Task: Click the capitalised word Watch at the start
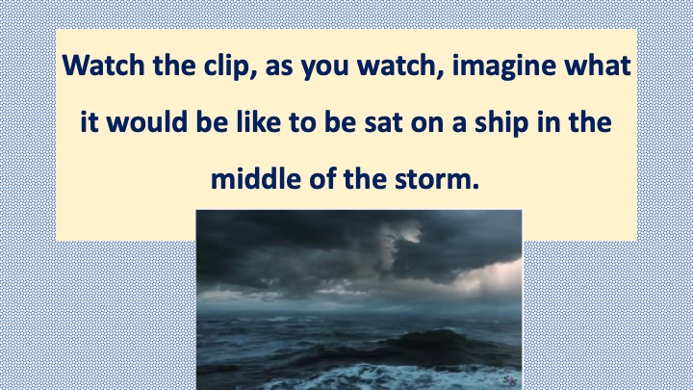click(103, 65)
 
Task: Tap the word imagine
click(503, 66)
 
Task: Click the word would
click(147, 122)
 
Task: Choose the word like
click(259, 122)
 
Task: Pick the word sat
click(383, 123)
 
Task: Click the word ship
click(501, 123)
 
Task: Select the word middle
click(255, 179)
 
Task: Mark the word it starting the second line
click(89, 122)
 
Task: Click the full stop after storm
click(475, 186)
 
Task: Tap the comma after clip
click(253, 75)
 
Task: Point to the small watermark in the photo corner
click(510, 379)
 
